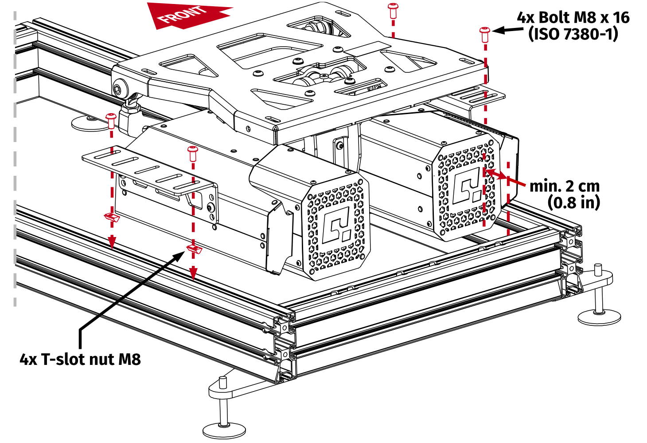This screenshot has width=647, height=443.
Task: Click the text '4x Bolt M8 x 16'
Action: point(573,18)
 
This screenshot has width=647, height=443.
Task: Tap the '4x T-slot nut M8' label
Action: point(80,359)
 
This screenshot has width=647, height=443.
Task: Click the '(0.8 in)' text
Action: point(573,202)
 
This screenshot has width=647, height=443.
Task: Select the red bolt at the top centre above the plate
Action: point(393,9)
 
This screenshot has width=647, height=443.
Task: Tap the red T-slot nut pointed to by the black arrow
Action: point(195,249)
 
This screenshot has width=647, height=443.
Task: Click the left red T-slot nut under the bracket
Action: point(112,218)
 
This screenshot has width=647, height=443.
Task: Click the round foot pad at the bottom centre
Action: point(224,430)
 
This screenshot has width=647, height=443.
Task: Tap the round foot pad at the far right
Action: point(599,316)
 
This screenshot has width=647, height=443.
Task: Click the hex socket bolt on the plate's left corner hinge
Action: point(118,89)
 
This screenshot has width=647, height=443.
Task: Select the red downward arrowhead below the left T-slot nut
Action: point(112,242)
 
